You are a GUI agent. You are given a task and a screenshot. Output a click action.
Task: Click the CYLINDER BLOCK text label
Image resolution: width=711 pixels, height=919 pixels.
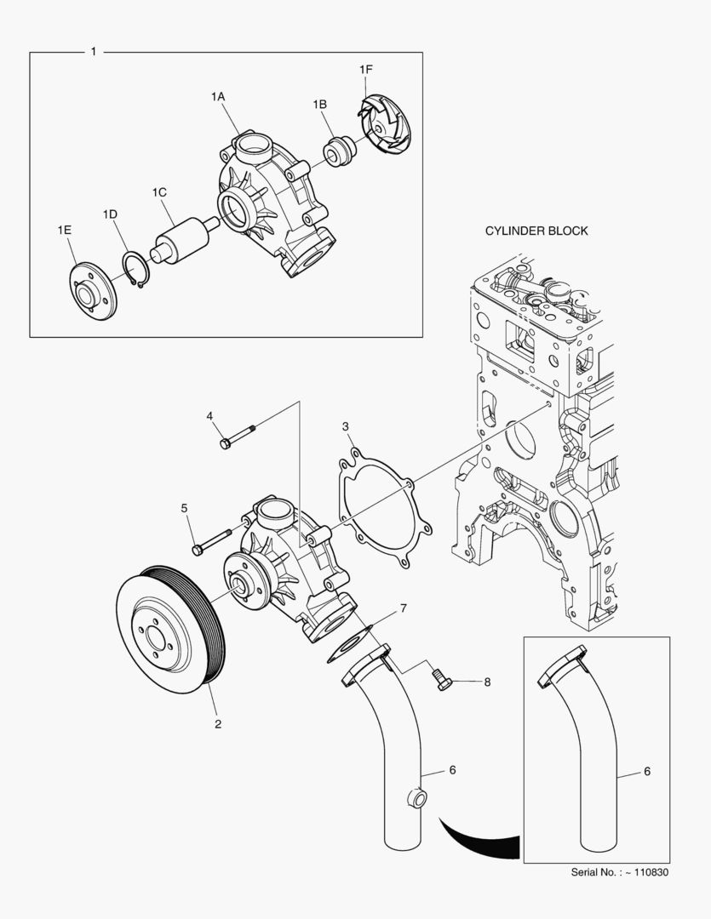pyautogui.click(x=536, y=231)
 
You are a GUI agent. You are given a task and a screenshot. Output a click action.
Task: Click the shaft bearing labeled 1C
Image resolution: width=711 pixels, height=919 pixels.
pyautogui.click(x=181, y=239)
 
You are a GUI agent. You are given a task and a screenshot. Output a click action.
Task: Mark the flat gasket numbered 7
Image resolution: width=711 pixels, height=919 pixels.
pyautogui.click(x=350, y=644)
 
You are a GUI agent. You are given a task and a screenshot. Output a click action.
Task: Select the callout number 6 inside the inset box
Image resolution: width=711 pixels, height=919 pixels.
pyautogui.click(x=647, y=771)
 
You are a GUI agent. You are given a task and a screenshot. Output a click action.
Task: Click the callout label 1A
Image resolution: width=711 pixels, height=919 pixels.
pyautogui.click(x=218, y=97)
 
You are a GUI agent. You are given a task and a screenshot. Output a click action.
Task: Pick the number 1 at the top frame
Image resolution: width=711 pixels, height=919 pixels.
pyautogui.click(x=93, y=52)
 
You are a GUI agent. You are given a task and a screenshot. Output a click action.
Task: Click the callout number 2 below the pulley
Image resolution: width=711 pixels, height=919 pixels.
pyautogui.click(x=218, y=724)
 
